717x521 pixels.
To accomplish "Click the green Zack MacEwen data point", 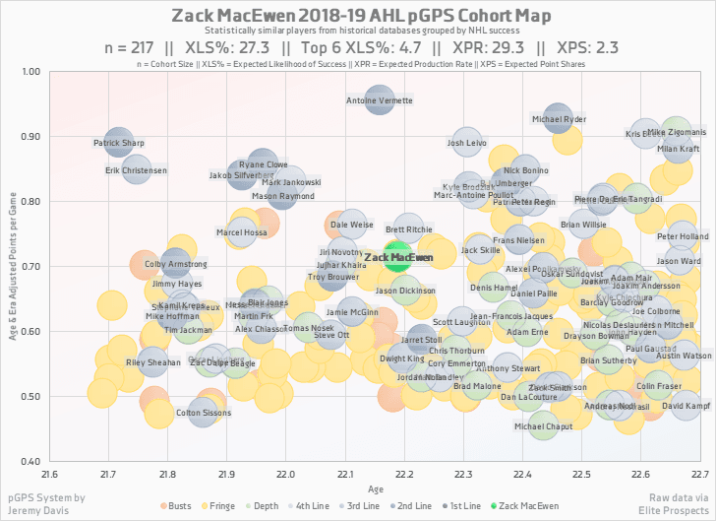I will (x=397, y=256).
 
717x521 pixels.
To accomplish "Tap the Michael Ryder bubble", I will (x=558, y=119).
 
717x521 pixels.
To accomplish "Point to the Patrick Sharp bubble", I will (x=118, y=143).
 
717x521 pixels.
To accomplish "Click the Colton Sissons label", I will (x=203, y=413).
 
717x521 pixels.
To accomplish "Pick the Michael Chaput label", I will (x=544, y=427).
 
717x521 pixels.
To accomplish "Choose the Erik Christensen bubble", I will (x=136, y=170).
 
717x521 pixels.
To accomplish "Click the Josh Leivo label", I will (x=467, y=143).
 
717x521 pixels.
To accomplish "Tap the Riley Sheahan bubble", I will (x=153, y=362).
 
